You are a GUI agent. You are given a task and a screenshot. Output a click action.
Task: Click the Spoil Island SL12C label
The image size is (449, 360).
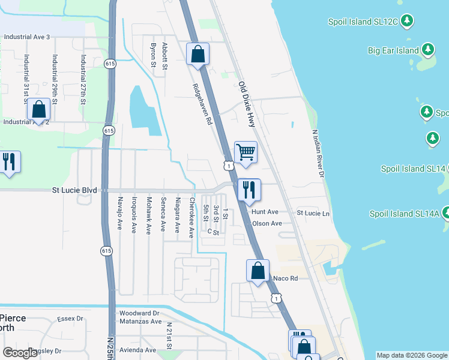click(x=363, y=22)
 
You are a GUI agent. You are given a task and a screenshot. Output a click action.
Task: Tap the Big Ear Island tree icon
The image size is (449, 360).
click(x=428, y=50)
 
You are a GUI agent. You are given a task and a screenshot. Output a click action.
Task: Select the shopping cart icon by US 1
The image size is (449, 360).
click(x=246, y=152)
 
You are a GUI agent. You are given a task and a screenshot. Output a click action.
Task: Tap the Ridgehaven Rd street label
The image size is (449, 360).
click(x=202, y=103)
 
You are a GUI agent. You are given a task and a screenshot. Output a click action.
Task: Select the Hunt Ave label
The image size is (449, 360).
click(x=265, y=212)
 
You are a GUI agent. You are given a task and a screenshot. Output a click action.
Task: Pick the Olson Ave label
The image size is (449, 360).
click(x=267, y=224)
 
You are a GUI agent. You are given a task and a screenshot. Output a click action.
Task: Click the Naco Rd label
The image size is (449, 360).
click(x=286, y=278)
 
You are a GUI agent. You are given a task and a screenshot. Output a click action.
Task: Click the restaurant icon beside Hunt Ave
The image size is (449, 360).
click(x=249, y=190)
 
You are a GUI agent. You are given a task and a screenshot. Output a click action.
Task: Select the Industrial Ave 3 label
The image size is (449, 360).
click(x=26, y=37)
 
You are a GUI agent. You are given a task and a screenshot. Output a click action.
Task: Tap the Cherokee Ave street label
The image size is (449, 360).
click(x=192, y=217)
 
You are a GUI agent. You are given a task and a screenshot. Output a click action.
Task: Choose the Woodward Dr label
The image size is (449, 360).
click(x=139, y=313)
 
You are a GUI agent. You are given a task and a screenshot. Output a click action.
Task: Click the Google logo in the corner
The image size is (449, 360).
click(x=20, y=353)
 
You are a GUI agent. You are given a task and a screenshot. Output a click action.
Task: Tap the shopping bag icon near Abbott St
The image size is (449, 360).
click(x=197, y=54)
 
